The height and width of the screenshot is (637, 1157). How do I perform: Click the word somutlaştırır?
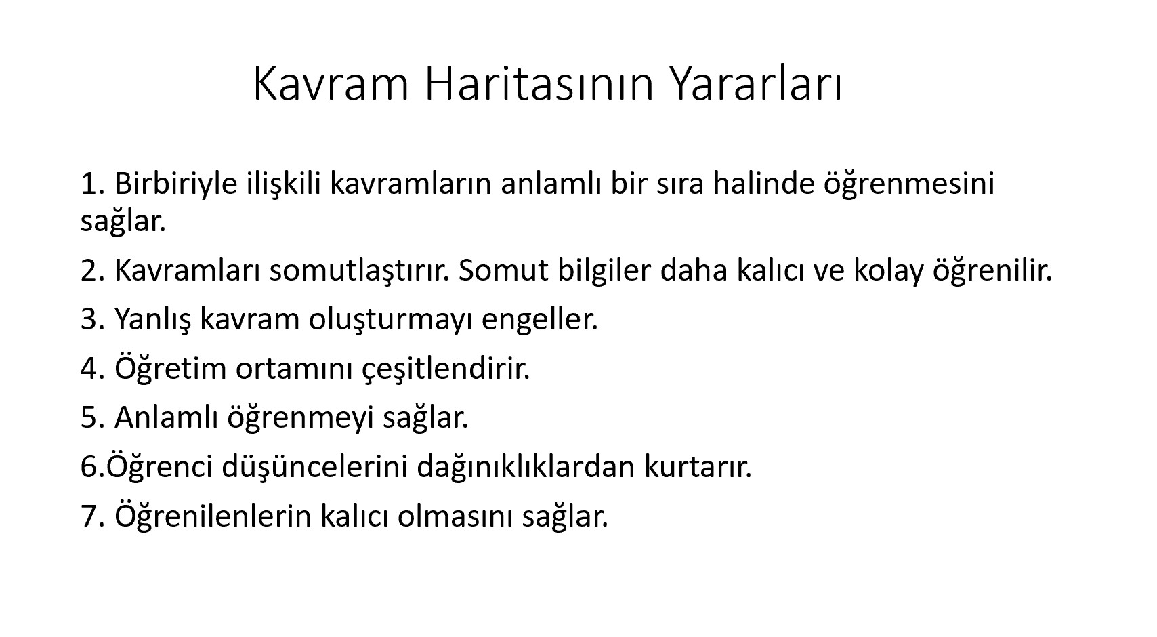tap(360, 270)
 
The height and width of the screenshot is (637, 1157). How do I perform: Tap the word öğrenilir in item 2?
tap(992, 270)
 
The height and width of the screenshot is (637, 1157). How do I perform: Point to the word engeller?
tap(540, 319)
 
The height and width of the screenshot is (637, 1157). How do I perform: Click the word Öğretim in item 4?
tap(171, 368)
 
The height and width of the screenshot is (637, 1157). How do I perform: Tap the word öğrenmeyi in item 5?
tap(301, 417)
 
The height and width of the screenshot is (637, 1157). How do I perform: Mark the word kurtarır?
tap(698, 466)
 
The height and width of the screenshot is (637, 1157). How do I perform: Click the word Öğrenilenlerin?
tap(213, 516)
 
